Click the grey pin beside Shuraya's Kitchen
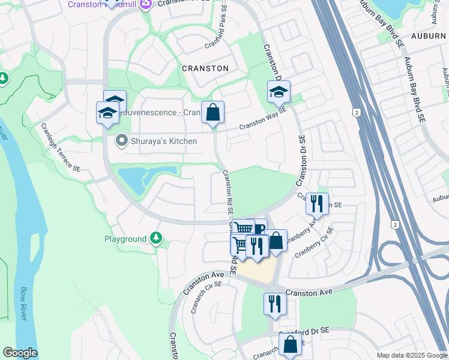(x=121, y=142)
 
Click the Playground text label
(x=125, y=239)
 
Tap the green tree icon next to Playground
(x=156, y=239)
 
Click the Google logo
(x=20, y=353)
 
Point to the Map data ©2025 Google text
(x=411, y=355)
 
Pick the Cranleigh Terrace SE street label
(x=61, y=149)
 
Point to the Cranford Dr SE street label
(x=308, y=331)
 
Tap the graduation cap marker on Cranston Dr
(x=279, y=92)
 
